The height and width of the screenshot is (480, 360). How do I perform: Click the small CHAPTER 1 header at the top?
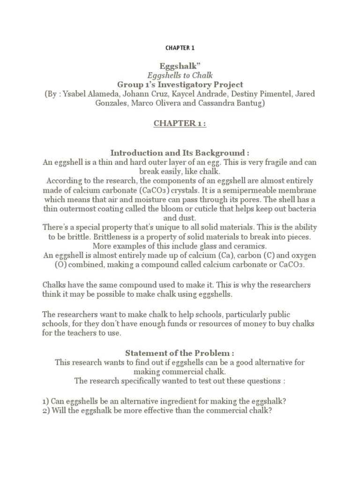tap(180, 48)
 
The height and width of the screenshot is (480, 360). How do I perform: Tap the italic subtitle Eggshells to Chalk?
tap(180, 75)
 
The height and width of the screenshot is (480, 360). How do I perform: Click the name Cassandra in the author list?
tap(210, 103)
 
